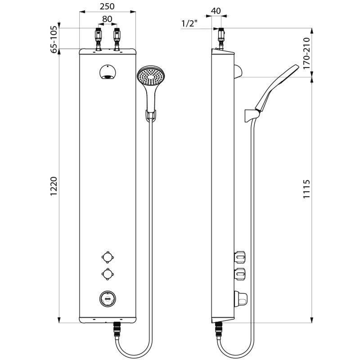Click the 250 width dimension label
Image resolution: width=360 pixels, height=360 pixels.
107,6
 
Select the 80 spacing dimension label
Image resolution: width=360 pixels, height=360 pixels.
107,19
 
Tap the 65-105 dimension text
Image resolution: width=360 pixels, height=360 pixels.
54,40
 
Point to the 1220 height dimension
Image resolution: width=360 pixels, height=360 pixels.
54,186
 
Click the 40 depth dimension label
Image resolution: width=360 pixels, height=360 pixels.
216,11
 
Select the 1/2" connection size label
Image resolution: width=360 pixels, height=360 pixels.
189,23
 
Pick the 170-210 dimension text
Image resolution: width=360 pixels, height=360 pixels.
306,53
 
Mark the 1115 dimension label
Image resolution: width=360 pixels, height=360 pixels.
306,189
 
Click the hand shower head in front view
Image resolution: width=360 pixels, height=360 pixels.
150,75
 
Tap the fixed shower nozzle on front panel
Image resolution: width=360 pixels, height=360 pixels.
107,72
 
